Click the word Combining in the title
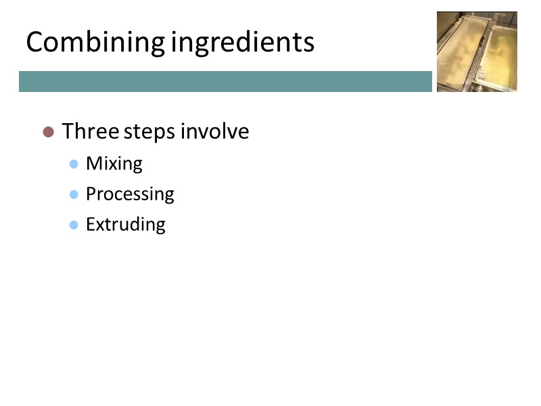pyautogui.click(x=95, y=43)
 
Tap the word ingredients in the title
pyautogui.click(x=243, y=43)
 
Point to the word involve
pyautogui.click(x=214, y=131)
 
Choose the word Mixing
pyautogui.click(x=114, y=164)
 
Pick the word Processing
pyautogui.click(x=130, y=194)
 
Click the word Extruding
pyautogui.click(x=125, y=224)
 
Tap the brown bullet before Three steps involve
pyautogui.click(x=48, y=132)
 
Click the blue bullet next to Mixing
pyautogui.click(x=74, y=164)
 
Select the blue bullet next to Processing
pyautogui.click(x=74, y=194)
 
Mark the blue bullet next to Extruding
pyautogui.click(x=74, y=225)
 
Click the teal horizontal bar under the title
pyautogui.click(x=225, y=81)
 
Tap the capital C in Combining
pyautogui.click(x=34, y=43)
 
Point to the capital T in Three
pyautogui.click(x=67, y=131)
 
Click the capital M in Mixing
pyautogui.click(x=93, y=164)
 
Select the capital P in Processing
pyautogui.click(x=91, y=194)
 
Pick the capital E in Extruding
pyautogui.click(x=90, y=224)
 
